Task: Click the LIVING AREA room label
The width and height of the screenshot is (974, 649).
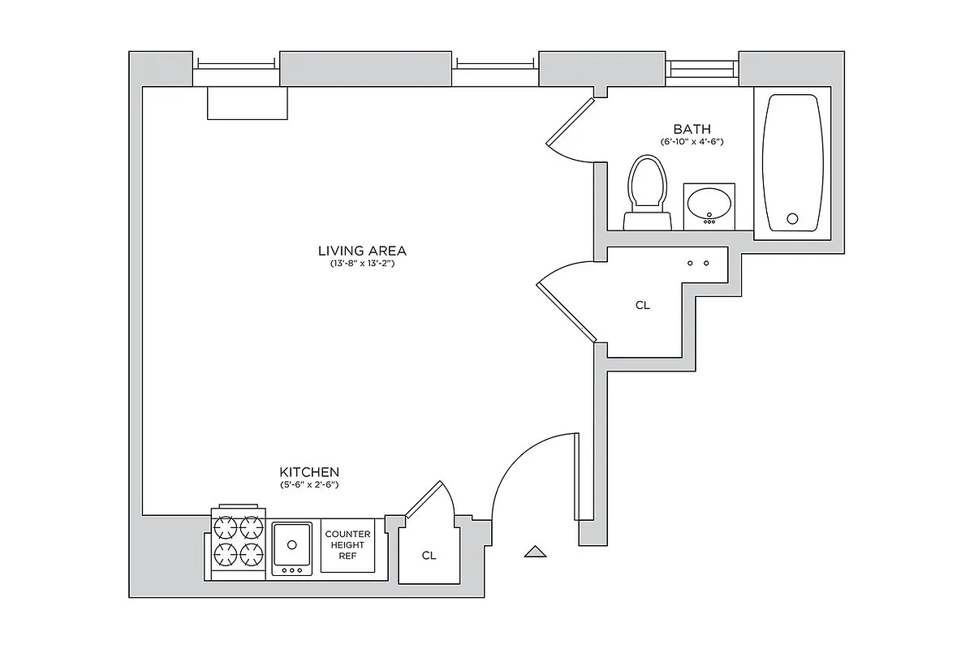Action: [x=362, y=251]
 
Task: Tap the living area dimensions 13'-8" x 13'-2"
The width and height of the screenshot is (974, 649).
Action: [x=362, y=264]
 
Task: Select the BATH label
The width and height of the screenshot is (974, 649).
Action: [x=692, y=129]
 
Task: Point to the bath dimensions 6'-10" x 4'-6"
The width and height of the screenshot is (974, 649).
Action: [x=692, y=142]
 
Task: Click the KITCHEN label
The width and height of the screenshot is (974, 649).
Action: [x=309, y=472]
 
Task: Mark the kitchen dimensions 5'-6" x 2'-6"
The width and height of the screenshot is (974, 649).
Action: [x=309, y=485]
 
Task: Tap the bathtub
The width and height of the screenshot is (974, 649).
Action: [x=793, y=164]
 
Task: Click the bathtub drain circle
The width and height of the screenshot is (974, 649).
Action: [x=793, y=218]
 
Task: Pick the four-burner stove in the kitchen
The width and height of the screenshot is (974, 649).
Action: [x=239, y=543]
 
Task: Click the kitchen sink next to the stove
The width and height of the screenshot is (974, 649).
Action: [x=292, y=543]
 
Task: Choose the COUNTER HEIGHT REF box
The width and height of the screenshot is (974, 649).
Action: [x=347, y=545]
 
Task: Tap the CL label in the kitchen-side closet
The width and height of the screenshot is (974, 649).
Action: [x=429, y=557]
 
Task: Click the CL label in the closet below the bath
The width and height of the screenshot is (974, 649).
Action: [x=642, y=306]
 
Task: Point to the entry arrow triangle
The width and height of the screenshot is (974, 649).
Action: [x=535, y=552]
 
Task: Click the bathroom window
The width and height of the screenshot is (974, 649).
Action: [x=702, y=70]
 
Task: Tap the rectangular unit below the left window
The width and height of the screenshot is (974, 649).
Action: [x=248, y=103]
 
